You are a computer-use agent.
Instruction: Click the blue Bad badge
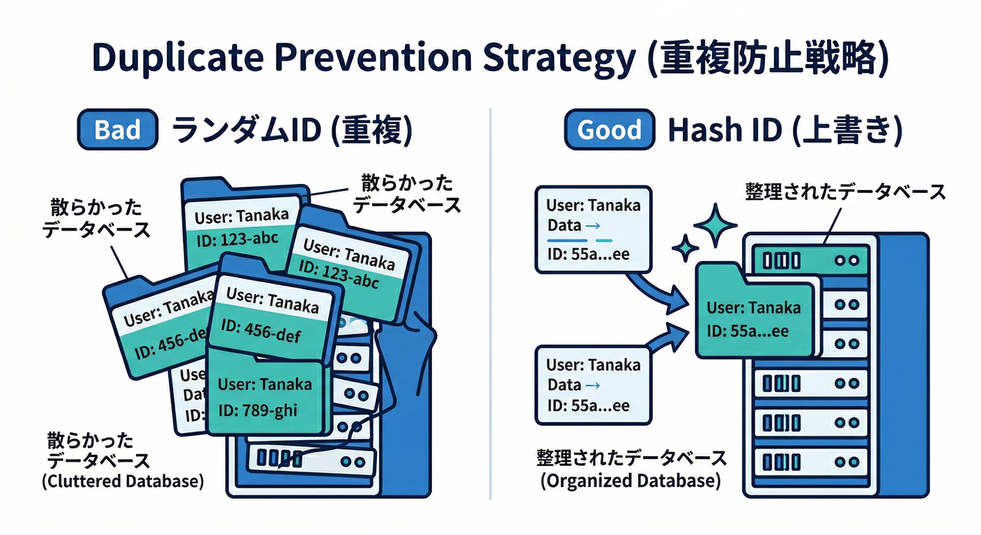tap(118, 130)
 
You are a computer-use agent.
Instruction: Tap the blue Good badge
tap(610, 130)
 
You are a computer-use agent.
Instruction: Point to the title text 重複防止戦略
tap(766, 59)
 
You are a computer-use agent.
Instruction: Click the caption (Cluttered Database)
tap(123, 481)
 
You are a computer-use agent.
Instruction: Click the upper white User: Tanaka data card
tap(593, 228)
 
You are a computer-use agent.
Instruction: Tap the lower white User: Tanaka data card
tap(593, 385)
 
